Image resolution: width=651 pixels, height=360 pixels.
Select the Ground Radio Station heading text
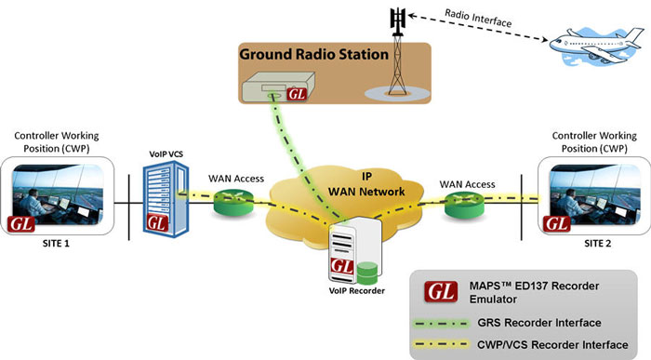click(x=313, y=55)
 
